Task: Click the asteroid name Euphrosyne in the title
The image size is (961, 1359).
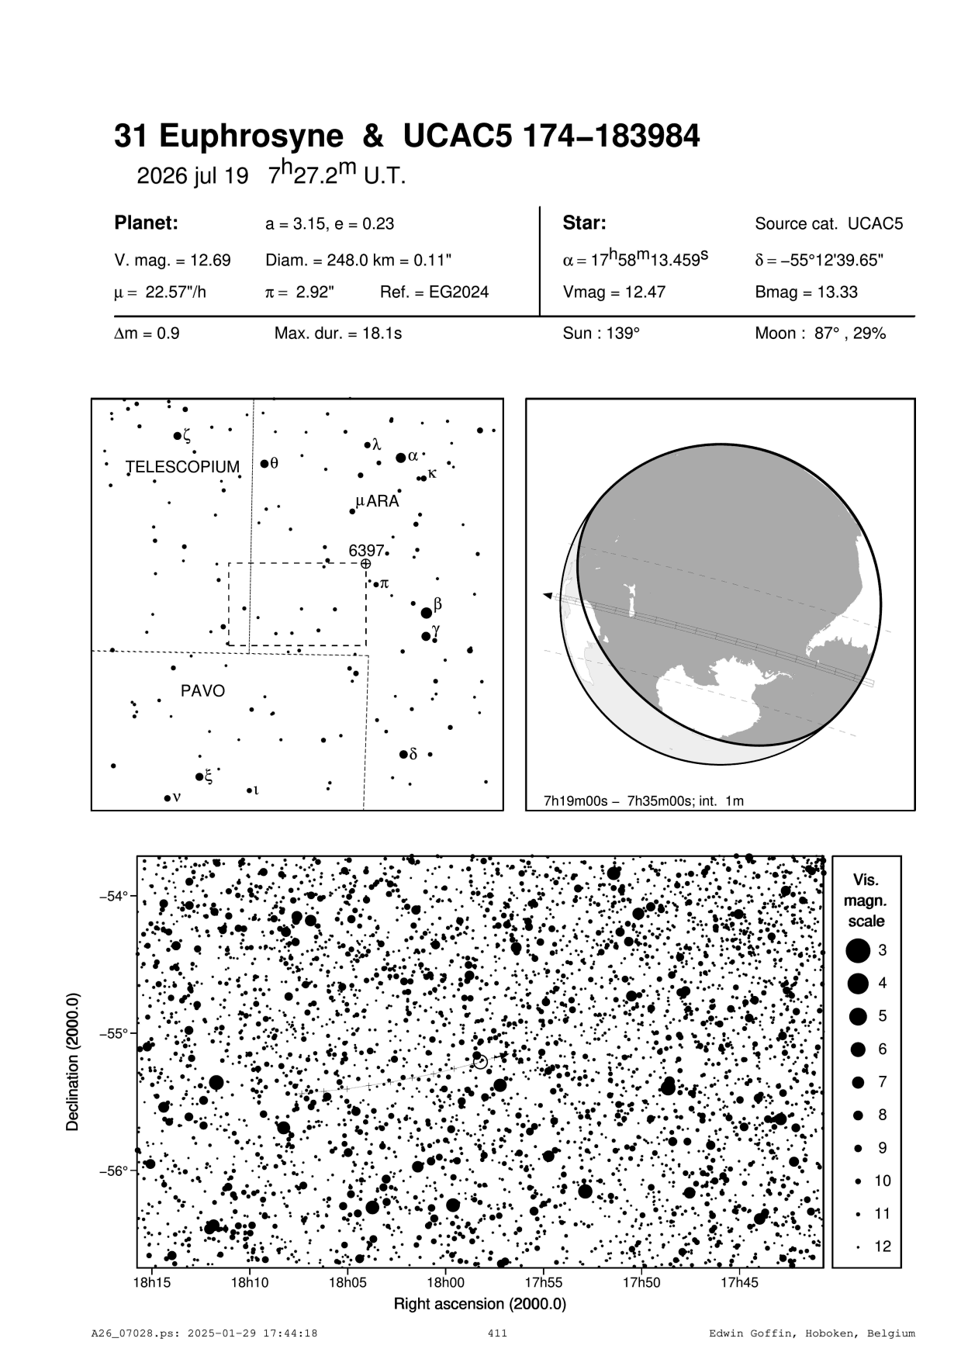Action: point(251,137)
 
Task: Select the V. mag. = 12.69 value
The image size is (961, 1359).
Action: point(172,261)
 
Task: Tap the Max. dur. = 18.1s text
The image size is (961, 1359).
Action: point(338,334)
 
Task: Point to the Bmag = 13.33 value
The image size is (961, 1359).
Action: point(806,292)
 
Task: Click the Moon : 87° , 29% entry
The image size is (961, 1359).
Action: point(820,334)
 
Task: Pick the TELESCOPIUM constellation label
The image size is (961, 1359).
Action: point(183,467)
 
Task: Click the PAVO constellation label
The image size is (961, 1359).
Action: point(202,690)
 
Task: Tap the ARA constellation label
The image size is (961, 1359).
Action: point(382,502)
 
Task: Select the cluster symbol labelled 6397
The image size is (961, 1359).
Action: point(366,564)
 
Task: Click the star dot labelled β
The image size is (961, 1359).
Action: point(426,613)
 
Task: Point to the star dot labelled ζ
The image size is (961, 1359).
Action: point(178,436)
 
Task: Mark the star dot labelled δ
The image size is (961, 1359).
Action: point(403,754)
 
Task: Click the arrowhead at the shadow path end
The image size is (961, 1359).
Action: point(548,595)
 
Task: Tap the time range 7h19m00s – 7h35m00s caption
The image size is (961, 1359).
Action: point(644,801)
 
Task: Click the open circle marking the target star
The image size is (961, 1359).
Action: point(480,1061)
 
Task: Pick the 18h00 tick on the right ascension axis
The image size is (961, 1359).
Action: point(445,1282)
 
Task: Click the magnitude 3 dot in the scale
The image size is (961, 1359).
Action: point(858,950)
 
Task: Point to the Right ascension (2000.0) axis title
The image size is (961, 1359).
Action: point(480,1304)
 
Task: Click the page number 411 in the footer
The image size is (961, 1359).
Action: point(497,1333)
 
